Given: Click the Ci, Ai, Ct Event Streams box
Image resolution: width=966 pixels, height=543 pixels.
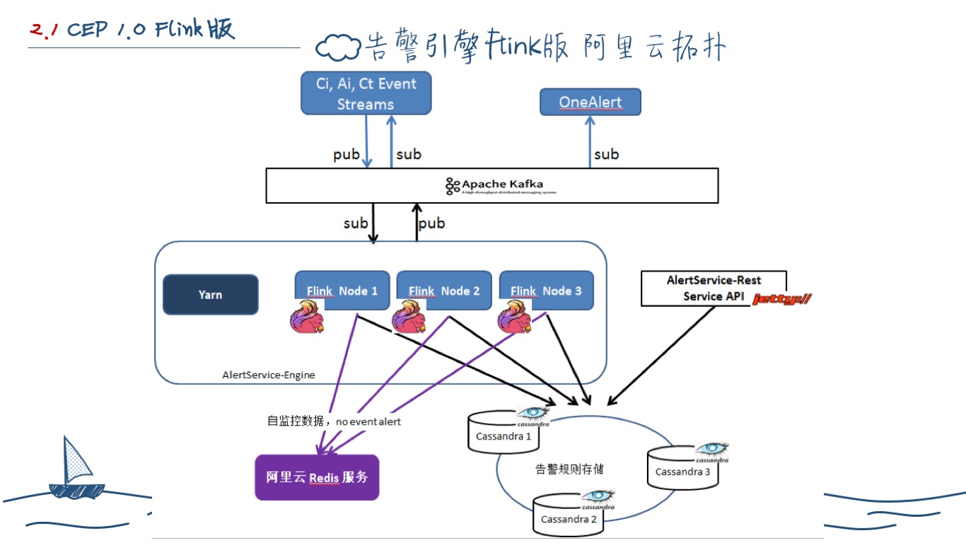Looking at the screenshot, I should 366,93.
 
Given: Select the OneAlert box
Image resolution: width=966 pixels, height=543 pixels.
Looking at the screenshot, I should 590,102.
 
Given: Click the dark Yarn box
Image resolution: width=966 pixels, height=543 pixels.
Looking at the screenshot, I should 210,294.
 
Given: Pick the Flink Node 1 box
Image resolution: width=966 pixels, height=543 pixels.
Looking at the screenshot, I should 342,290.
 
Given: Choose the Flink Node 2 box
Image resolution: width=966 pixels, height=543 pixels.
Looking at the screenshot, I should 443,290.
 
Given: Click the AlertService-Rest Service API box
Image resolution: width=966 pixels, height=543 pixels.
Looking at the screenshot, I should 713,288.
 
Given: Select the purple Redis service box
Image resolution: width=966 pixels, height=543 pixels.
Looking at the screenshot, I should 317,477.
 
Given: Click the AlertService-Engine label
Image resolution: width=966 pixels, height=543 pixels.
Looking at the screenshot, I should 269,374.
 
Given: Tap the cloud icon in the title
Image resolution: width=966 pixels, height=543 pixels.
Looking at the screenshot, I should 337,48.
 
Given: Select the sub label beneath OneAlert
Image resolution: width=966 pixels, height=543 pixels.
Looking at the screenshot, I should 606,154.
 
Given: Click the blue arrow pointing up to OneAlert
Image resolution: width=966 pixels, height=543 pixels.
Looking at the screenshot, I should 590,142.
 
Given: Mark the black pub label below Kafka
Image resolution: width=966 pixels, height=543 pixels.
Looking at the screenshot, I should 431,223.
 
